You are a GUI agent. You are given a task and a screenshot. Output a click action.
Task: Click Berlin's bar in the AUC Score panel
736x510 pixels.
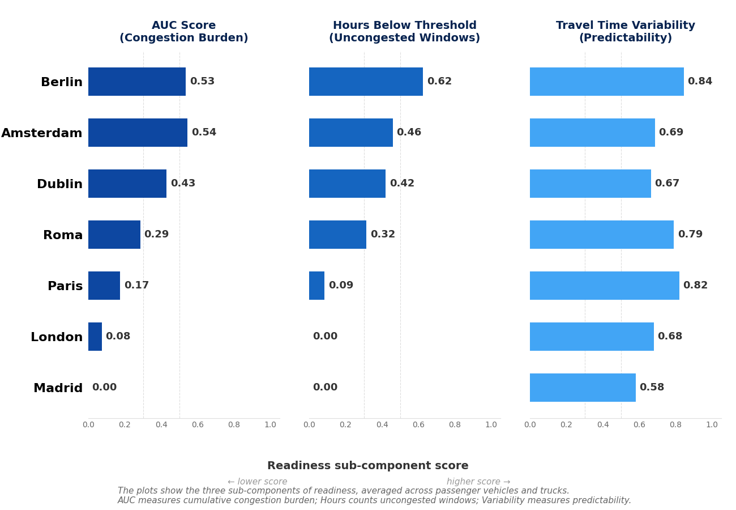click(137, 82)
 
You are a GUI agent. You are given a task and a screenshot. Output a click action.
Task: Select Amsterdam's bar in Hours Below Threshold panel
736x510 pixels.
click(351, 133)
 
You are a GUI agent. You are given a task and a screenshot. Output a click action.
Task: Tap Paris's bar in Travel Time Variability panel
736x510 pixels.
click(605, 286)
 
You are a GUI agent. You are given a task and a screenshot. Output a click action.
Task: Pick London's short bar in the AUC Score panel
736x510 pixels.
click(95, 337)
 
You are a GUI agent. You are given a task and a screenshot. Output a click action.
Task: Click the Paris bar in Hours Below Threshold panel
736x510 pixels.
click(317, 286)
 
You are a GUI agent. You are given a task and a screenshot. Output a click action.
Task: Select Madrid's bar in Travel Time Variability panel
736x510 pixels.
click(583, 388)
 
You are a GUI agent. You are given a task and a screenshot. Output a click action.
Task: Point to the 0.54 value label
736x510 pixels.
click(204, 133)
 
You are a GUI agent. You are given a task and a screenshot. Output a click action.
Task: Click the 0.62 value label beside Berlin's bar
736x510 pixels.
click(439, 82)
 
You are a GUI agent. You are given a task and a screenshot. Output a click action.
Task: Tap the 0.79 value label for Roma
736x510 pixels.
click(690, 235)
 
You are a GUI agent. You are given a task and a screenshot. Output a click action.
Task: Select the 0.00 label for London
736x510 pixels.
click(325, 337)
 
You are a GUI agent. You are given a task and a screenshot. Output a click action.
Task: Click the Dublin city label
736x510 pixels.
click(59, 184)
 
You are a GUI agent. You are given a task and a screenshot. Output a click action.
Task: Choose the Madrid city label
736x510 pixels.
click(58, 388)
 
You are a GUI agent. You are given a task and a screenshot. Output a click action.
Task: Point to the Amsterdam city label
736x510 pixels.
click(42, 133)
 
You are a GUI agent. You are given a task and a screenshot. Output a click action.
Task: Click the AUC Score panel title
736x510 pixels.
click(184, 32)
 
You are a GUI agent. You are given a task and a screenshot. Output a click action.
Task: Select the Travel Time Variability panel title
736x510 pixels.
click(626, 32)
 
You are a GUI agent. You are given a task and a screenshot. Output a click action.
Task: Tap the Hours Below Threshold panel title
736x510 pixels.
click(405, 32)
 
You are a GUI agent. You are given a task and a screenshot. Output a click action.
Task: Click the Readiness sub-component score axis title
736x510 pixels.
click(368, 466)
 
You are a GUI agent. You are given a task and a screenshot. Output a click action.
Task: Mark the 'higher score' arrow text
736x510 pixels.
click(478, 482)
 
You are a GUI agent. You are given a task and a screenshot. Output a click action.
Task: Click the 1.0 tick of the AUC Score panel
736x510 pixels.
click(271, 425)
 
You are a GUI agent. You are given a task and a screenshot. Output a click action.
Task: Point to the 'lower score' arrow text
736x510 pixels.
click(258, 482)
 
